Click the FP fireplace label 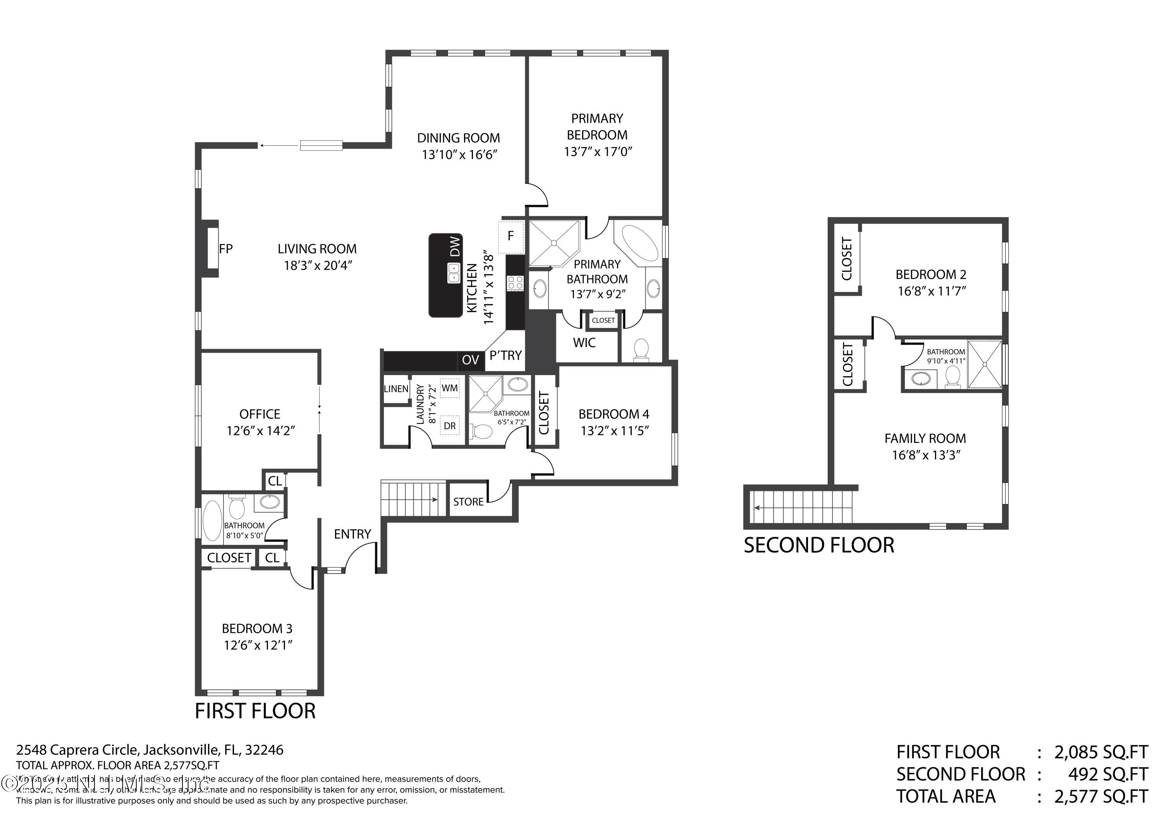226,249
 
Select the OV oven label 470,360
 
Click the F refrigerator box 511,236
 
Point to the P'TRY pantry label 505,356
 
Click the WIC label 584,343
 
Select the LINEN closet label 396,389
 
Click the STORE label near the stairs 468,502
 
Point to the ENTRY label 352,534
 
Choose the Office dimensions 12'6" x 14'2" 260,431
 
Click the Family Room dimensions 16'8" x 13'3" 926,455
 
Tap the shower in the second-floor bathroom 984,364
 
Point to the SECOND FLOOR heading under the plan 818,545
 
